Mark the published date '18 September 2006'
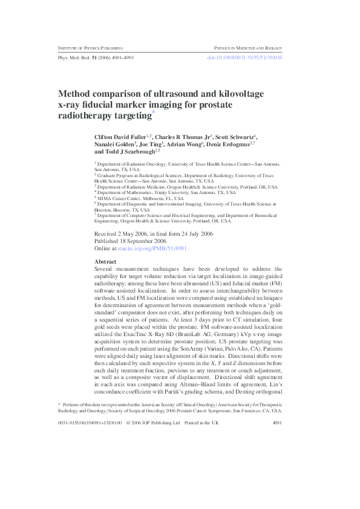140,241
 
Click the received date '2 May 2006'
132,233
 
